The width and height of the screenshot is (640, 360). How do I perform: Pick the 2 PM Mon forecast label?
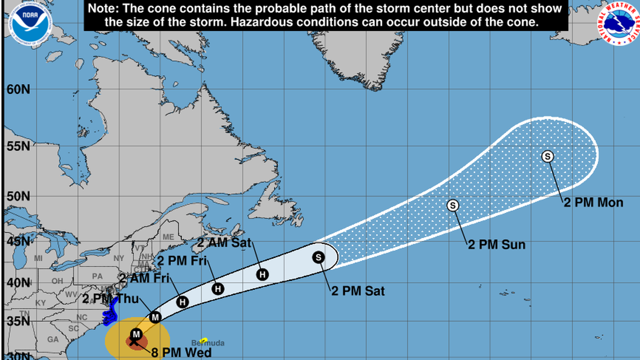click(593, 203)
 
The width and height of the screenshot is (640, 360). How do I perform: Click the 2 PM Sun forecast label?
click(497, 245)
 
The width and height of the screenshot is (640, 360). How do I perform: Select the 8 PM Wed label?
click(181, 353)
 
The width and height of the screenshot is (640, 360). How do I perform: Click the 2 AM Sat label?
click(225, 243)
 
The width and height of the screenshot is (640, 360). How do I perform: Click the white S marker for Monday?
click(547, 157)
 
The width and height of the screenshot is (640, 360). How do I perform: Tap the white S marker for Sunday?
click(453, 206)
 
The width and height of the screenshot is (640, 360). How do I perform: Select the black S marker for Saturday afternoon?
click(318, 257)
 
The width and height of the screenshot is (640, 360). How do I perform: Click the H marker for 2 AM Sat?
click(262, 274)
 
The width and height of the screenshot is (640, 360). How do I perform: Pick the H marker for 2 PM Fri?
click(218, 289)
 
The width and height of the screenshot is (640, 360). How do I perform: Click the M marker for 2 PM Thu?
click(156, 317)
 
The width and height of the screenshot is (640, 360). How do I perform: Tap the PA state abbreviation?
click(98, 276)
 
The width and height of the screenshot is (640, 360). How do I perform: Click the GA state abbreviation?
click(53, 340)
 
